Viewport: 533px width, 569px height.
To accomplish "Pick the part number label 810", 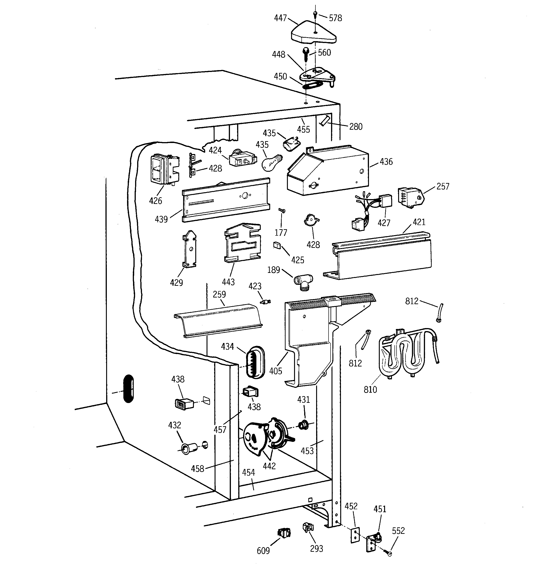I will (x=370, y=389).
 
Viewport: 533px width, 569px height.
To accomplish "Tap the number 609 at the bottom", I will (x=263, y=550).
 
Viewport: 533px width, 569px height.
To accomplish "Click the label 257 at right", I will (x=443, y=187).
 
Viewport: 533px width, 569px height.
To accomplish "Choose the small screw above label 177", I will (x=282, y=211).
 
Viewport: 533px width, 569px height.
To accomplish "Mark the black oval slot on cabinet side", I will (x=128, y=389).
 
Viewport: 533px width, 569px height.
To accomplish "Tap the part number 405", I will (x=275, y=371).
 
